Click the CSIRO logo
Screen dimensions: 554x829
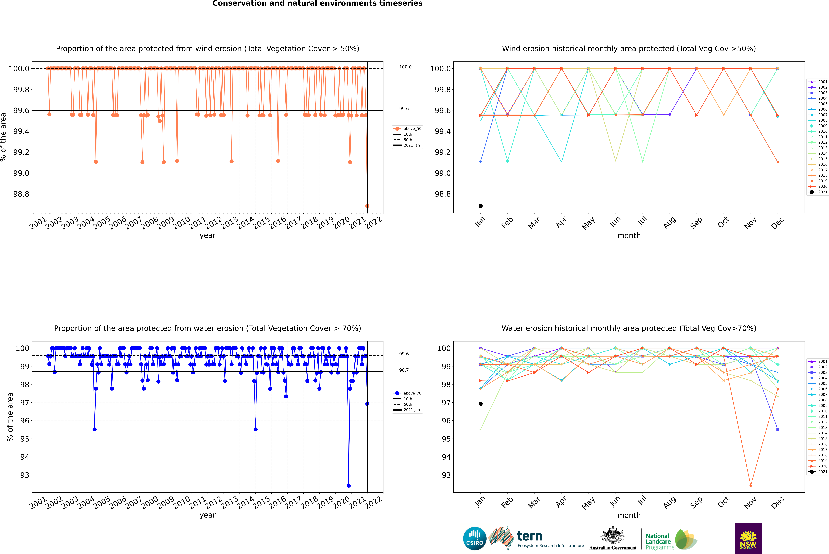[475, 538]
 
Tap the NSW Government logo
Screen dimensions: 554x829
[748, 538]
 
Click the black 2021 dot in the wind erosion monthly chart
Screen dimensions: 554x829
[481, 206]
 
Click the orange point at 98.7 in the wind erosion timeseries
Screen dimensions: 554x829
[367, 206]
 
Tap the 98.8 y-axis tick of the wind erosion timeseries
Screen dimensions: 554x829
[21, 194]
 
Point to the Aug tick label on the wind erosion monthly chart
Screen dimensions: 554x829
[670, 223]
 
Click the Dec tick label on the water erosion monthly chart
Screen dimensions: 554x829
[777, 502]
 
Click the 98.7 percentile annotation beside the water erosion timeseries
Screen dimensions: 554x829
[404, 370]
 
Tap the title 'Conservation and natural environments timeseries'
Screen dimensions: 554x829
[317, 4]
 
